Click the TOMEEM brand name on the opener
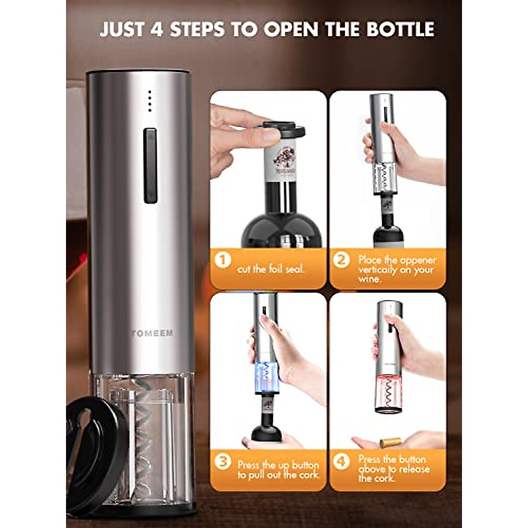152,333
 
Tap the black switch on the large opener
150,166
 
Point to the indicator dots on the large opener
150,101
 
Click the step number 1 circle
223,260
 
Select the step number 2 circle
341,260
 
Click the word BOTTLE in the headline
400,29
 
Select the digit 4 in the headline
157,29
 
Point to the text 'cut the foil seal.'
271,269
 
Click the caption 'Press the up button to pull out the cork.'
278,469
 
